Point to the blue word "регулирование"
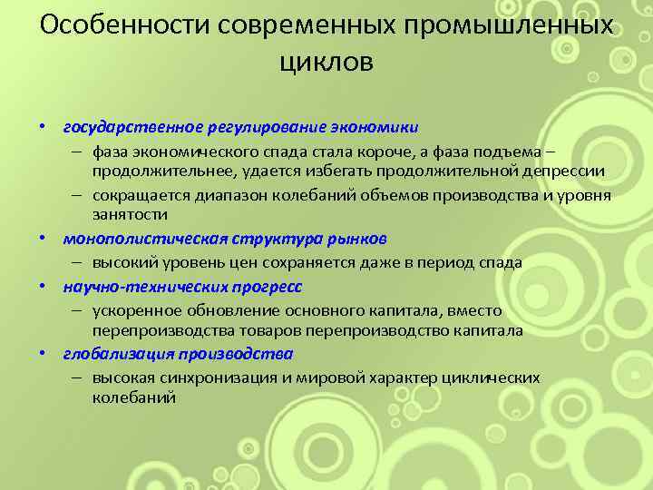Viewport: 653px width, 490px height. coord(264,128)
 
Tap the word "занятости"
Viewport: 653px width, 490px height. coord(131,215)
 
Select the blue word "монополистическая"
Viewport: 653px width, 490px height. coord(143,240)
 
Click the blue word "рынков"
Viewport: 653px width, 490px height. coord(357,240)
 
